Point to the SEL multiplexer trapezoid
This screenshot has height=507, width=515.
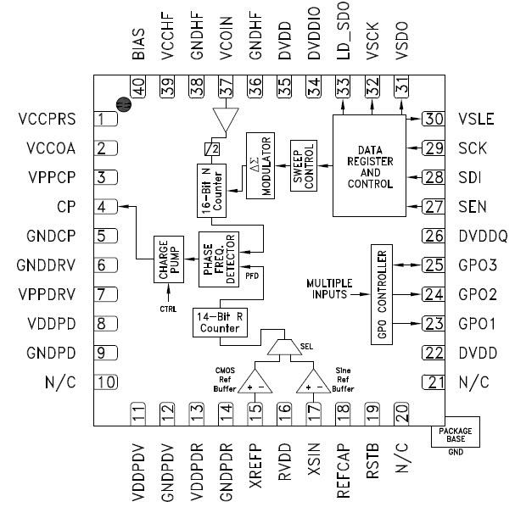click(282, 347)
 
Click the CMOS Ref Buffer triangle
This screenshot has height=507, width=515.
click(254, 381)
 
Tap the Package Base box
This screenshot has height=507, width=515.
click(456, 434)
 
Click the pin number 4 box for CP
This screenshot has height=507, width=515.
click(105, 207)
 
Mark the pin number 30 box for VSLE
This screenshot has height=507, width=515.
click(434, 119)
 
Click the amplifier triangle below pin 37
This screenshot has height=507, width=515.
click(224, 121)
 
